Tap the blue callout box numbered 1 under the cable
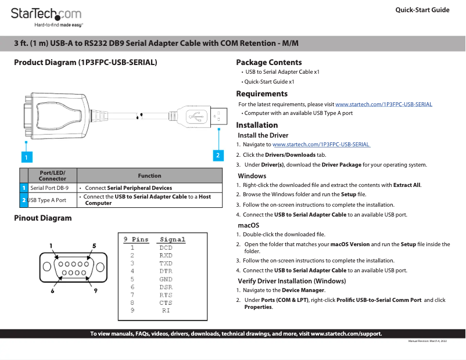26,156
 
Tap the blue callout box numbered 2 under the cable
218,155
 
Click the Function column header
149,175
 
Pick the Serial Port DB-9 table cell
49,188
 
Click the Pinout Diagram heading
43,218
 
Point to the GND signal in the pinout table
166,279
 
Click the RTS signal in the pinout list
166,295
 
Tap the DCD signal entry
166,248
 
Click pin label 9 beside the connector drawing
95,290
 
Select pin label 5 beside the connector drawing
94,246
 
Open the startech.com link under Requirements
383,104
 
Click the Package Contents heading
268,62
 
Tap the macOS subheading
248,225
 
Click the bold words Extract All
407,185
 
